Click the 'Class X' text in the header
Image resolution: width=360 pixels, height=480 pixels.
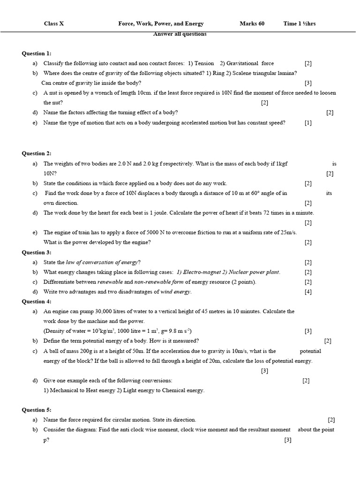tap(54, 23)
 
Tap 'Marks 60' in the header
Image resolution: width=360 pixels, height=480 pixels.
tap(252, 23)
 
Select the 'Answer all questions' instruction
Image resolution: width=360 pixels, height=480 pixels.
tap(180, 34)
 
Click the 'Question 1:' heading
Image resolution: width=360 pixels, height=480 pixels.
tap(37, 53)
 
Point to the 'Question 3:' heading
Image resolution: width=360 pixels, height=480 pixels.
tap(37, 252)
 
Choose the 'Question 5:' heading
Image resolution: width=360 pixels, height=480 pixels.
tap(37, 410)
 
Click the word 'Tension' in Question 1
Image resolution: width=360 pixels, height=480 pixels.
tap(204, 63)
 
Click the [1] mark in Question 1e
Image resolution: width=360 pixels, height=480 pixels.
tap(307, 123)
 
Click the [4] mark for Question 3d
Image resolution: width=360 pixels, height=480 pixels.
tap(307, 292)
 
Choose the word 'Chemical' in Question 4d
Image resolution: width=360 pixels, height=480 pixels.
tap(174, 390)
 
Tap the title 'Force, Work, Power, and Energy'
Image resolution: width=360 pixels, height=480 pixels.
tap(161, 23)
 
